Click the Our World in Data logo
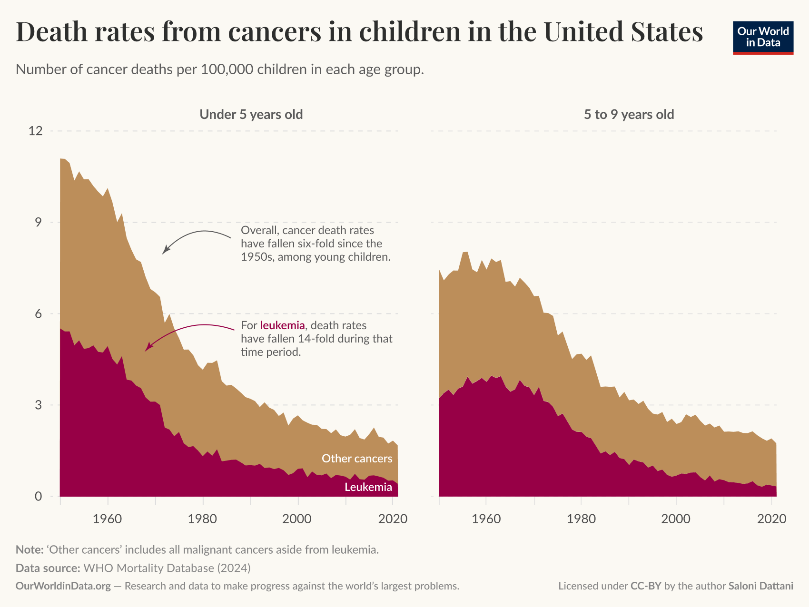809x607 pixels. (763, 38)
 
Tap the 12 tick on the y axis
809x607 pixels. (35, 131)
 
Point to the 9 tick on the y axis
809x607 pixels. (38, 222)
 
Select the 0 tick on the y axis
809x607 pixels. (38, 496)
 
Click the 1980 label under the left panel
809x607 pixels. (203, 519)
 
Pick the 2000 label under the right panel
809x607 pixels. (676, 519)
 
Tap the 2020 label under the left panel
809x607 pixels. (392, 519)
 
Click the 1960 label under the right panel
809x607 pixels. (486, 519)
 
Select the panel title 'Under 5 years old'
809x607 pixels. (251, 115)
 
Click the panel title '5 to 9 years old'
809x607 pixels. (629, 115)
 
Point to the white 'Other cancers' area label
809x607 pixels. (357, 458)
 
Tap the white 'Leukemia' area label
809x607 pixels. (368, 487)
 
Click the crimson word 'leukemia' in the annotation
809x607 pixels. (282, 325)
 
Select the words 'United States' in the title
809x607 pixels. (623, 32)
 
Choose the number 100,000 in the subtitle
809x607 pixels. (227, 70)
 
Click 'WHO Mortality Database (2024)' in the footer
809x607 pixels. (167, 568)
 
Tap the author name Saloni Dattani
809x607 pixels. (760, 586)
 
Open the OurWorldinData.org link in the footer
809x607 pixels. (63, 586)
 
